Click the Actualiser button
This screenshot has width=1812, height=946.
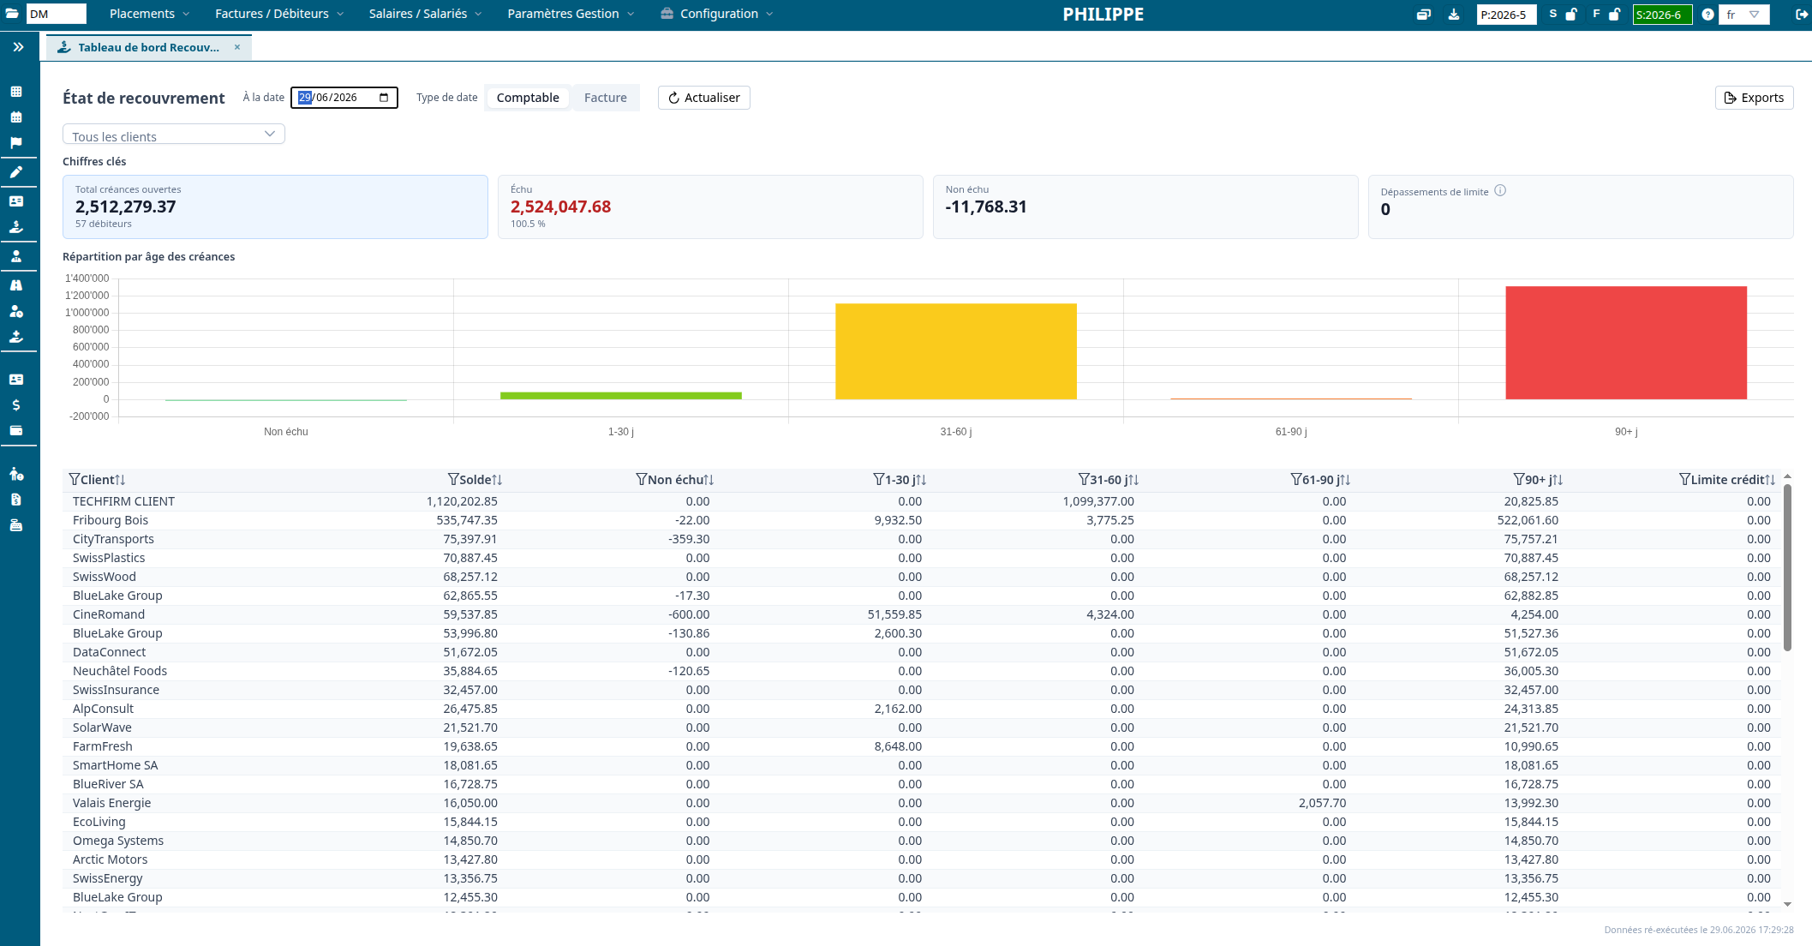(x=704, y=98)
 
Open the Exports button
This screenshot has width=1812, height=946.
(x=1754, y=98)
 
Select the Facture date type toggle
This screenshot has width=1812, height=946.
(x=606, y=98)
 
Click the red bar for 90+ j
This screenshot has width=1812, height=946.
(x=1626, y=343)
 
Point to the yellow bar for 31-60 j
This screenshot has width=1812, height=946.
(x=956, y=351)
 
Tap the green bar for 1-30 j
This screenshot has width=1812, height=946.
(x=621, y=396)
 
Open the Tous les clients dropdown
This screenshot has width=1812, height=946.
(x=174, y=135)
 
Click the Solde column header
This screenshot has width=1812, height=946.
(x=475, y=480)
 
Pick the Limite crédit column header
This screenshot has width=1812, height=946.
(x=1727, y=480)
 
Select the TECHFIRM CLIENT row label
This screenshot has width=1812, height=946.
(x=123, y=501)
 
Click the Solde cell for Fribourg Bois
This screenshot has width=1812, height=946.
(x=467, y=520)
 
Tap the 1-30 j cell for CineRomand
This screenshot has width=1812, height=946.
(x=894, y=614)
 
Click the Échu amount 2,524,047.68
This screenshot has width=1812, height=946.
(x=560, y=207)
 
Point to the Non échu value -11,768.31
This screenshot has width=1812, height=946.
(x=986, y=207)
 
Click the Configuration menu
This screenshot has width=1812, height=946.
(x=717, y=14)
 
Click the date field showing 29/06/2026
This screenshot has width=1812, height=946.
(x=344, y=98)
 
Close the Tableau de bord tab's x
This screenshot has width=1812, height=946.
(x=237, y=47)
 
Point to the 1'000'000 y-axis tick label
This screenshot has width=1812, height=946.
(x=87, y=313)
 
